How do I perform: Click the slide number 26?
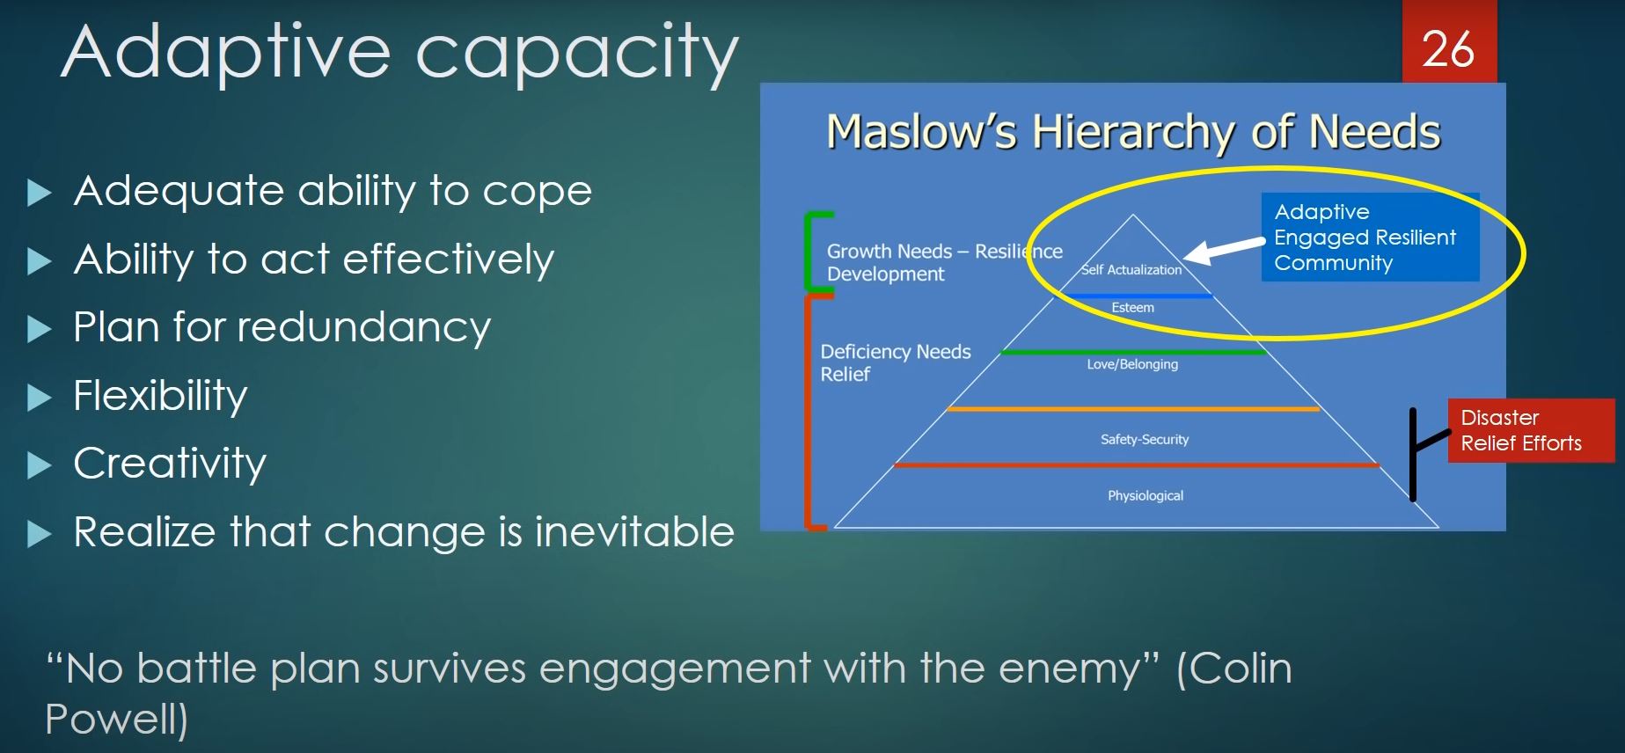pyautogui.click(x=1448, y=49)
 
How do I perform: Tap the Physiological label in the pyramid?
pyautogui.click(x=1146, y=495)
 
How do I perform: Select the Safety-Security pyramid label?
pyautogui.click(x=1145, y=439)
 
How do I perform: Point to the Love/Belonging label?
pyautogui.click(x=1132, y=364)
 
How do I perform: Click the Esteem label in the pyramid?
pyautogui.click(x=1132, y=308)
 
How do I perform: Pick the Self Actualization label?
pyautogui.click(x=1131, y=270)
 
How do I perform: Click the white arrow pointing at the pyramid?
pyautogui.click(x=1225, y=250)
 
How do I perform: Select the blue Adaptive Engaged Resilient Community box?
pyautogui.click(x=1370, y=238)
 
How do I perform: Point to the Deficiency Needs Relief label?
pyautogui.click(x=896, y=362)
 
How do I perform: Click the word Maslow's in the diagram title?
pyautogui.click(x=921, y=132)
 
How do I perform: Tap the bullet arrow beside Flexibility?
pyautogui.click(x=40, y=398)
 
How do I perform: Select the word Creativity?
pyautogui.click(x=170, y=464)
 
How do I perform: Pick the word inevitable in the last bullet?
pyautogui.click(x=634, y=531)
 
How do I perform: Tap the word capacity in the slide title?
pyautogui.click(x=577, y=54)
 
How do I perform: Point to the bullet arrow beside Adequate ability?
pyautogui.click(x=40, y=193)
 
